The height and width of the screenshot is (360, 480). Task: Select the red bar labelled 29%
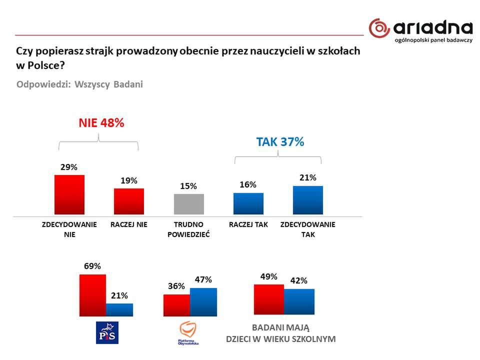(x=69, y=195)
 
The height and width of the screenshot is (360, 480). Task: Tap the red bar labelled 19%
(x=128, y=201)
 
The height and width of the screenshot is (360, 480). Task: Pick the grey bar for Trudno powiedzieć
(x=188, y=204)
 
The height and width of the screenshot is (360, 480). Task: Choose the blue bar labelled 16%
(x=248, y=203)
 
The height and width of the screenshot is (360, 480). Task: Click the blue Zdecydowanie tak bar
(x=308, y=200)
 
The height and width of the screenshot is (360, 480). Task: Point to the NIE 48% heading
(x=101, y=123)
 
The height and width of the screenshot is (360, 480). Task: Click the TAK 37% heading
(x=280, y=141)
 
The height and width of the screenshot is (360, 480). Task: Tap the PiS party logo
(x=107, y=332)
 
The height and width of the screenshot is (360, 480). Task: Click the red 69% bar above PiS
(x=93, y=295)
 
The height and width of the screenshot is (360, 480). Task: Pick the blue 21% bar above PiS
(x=119, y=309)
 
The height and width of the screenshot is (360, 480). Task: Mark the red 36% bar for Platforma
(x=176, y=305)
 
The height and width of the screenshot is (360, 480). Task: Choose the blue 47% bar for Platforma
(x=203, y=302)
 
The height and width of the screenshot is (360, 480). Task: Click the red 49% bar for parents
(x=269, y=299)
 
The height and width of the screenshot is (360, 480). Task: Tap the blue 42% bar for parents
(x=299, y=301)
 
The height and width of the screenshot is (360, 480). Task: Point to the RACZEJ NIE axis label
(x=128, y=224)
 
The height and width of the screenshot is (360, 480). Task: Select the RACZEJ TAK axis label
(x=248, y=224)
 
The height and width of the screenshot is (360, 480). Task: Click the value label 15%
(x=188, y=186)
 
